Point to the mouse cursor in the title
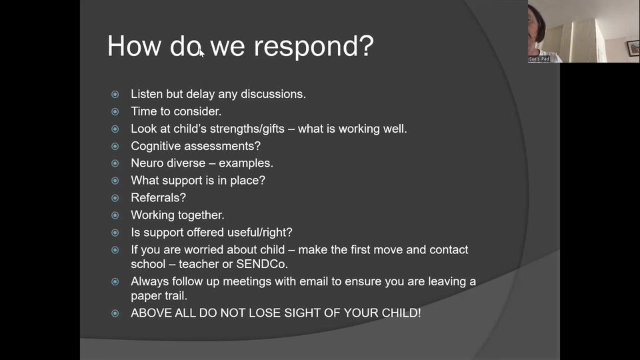coord(201,53)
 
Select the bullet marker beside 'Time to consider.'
coord(115,112)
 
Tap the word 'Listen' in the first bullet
coord(146,94)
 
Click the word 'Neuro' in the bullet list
coord(147,163)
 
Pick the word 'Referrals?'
coord(158,198)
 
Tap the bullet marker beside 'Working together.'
coord(115,215)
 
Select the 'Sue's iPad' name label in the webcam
coord(539,59)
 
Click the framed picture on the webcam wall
coord(633,48)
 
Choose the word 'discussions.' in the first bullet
coord(273,94)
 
